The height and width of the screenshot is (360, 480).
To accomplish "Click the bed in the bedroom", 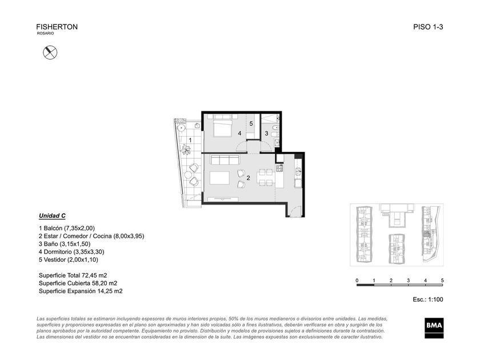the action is [222, 126].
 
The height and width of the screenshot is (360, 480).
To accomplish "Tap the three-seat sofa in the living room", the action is [225, 160].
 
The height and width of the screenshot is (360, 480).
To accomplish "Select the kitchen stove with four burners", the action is [279, 168].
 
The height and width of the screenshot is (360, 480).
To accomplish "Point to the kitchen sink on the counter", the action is [298, 171].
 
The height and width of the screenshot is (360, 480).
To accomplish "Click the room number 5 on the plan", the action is [251, 123].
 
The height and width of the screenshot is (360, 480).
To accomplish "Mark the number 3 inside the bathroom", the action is [266, 134].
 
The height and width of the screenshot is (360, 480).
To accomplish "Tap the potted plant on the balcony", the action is [186, 149].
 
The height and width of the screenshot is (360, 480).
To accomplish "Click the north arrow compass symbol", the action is [50, 53].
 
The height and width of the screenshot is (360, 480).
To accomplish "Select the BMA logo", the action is [434, 328].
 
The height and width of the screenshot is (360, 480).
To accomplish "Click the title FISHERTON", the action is [57, 27].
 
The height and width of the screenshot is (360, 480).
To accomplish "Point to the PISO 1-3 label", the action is [428, 27].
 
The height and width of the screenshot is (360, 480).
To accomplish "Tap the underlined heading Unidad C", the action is [52, 216].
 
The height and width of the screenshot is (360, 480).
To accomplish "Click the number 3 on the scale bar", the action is [408, 280].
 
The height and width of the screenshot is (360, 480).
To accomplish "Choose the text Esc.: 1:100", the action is [427, 299].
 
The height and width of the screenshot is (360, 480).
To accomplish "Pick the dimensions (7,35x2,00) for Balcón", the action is [79, 228].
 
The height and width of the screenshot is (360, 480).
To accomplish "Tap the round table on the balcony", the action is [182, 127].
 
